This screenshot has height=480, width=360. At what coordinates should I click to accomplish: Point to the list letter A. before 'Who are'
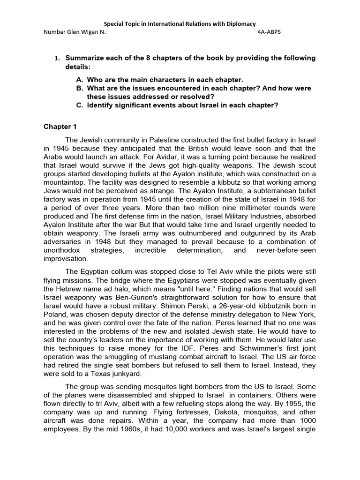tap(79, 80)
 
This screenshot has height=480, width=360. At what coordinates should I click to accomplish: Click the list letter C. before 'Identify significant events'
tap(79, 105)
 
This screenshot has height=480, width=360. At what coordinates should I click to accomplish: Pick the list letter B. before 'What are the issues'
tap(79, 88)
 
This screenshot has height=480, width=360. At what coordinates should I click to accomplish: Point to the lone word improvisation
tap(65, 258)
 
